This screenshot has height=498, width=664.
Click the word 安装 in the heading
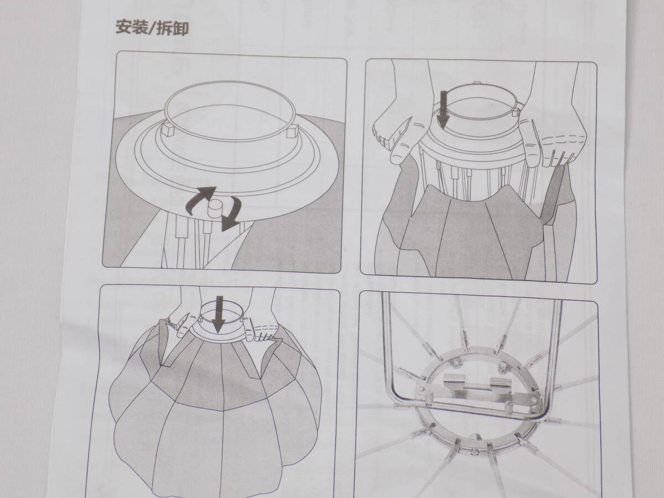pos(131,28)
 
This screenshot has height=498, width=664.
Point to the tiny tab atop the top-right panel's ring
pos(476,82)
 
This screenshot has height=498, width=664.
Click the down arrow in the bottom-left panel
pos(219,314)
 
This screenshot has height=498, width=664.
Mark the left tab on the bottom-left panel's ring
pos(200,319)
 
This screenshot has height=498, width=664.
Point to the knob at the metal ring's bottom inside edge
pos(475,437)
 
